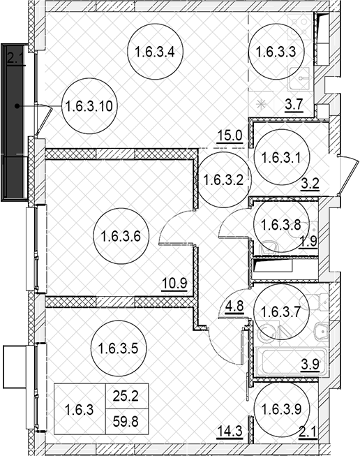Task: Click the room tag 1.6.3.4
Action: tap(155, 52)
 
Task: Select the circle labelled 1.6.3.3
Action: tap(276, 52)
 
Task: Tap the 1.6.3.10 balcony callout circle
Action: tap(89, 106)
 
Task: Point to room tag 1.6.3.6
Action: tap(121, 236)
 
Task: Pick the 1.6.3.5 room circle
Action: tap(119, 348)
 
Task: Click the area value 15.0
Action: tap(230, 136)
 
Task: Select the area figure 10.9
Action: tap(174, 284)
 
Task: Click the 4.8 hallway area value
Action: tap(234, 307)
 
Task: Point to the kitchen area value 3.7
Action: tap(294, 104)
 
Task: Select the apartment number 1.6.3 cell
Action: tap(80, 409)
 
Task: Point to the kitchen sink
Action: tap(299, 78)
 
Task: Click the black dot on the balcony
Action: tap(17, 106)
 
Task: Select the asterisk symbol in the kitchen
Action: tap(262, 104)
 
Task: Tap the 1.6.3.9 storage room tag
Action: tap(282, 409)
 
